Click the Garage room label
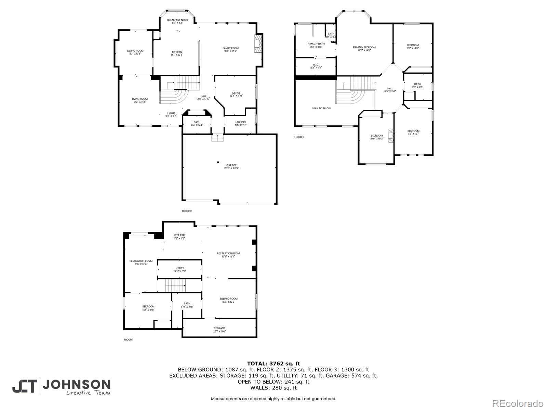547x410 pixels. pos(231,167)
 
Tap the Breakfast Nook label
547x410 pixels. pos(177,22)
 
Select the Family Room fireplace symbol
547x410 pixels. pos(258,43)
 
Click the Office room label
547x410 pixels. pos(236,94)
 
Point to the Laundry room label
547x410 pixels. pos(240,124)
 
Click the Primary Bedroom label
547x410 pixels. pos(364,49)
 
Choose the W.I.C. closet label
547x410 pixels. pos(316,66)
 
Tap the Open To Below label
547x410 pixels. pos(321,109)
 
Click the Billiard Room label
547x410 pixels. pos(229,300)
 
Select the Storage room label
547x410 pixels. pos(219,330)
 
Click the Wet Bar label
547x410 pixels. pos(179,237)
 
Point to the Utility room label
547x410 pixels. pos(180,270)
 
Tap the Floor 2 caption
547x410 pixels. pos(187,211)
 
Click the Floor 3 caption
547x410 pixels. pos(299,137)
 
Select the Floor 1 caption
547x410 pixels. pos(129,340)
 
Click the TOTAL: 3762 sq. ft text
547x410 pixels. pos(273,364)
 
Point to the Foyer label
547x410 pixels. pos(171,114)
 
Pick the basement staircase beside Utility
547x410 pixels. pos(175,285)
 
